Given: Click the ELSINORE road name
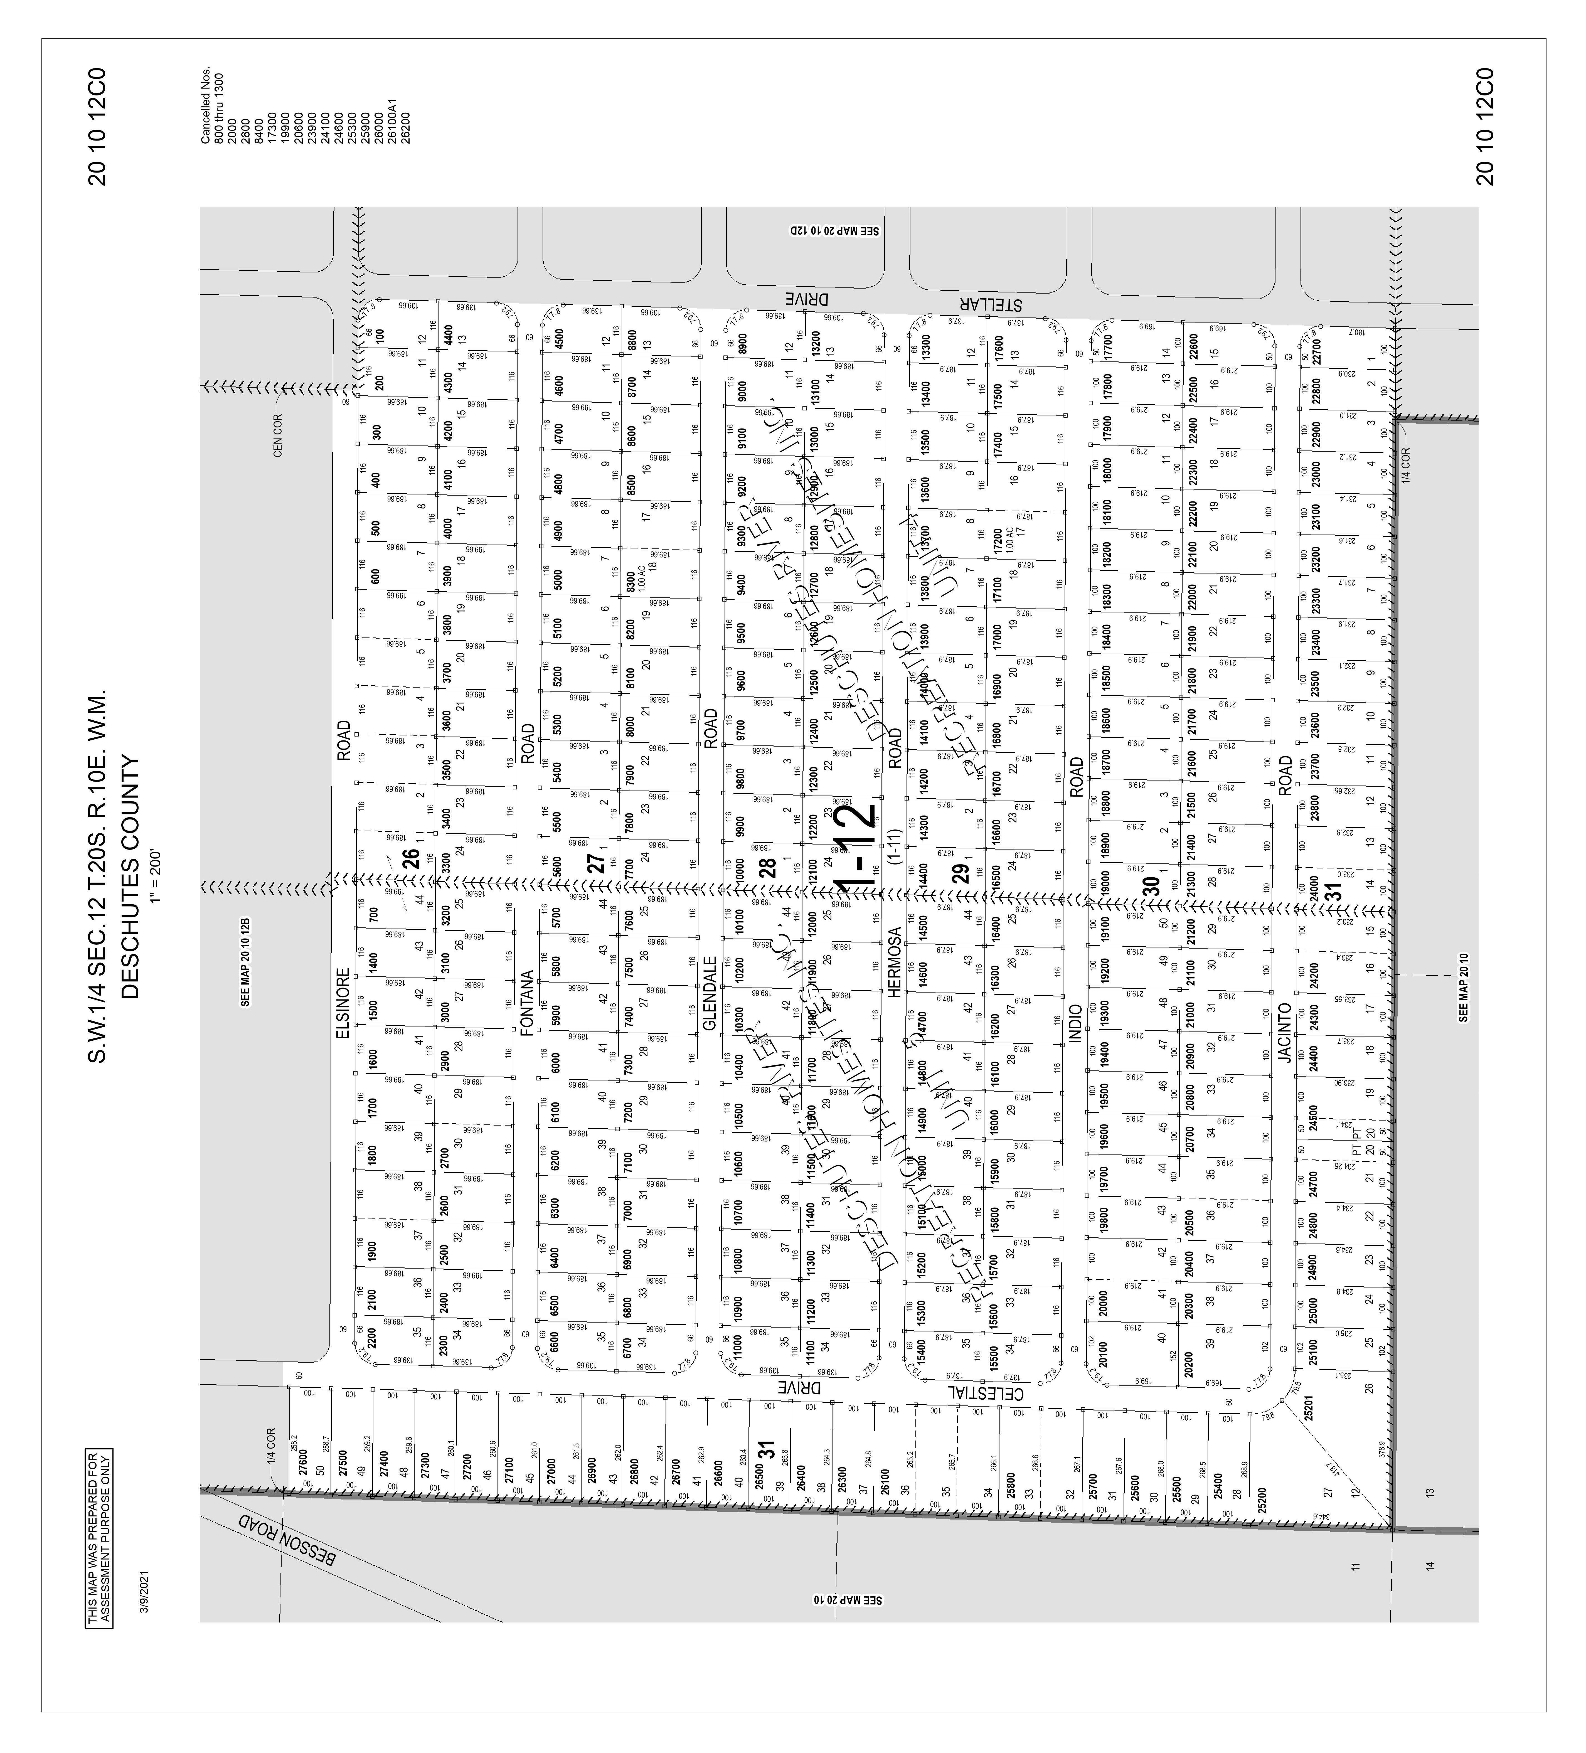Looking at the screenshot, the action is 343,1007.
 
